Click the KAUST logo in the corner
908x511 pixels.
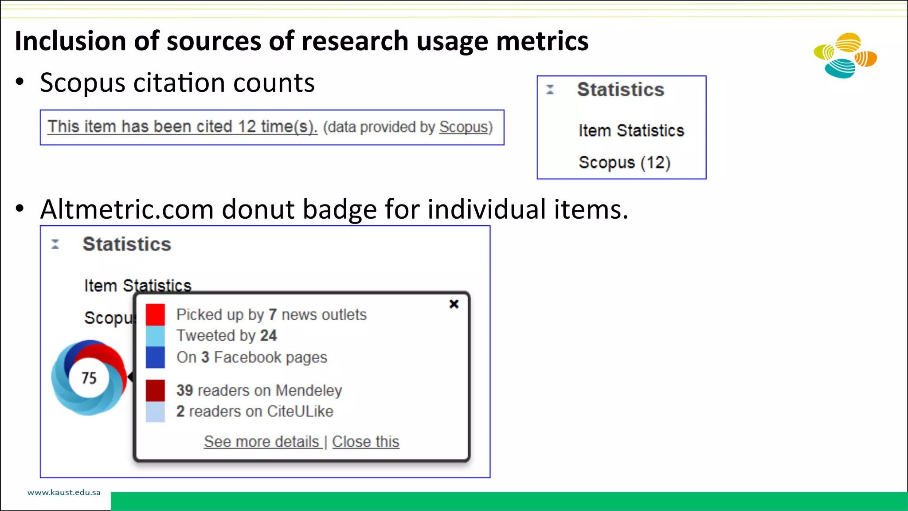coord(845,55)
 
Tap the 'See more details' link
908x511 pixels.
coord(262,442)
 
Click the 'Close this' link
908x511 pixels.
coord(365,442)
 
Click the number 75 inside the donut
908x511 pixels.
coord(89,378)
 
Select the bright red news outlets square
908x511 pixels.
coord(155,314)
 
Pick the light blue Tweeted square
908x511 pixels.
coord(155,336)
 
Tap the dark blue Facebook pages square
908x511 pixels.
coord(155,357)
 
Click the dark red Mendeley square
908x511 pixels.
coord(155,390)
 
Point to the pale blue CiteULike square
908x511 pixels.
coord(155,412)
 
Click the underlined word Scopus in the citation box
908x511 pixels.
coord(463,127)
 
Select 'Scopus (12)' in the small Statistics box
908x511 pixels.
coord(624,163)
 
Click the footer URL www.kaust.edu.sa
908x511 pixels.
coord(64,492)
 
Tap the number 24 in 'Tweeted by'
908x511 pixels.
coord(268,336)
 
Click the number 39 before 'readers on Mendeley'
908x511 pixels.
coord(184,390)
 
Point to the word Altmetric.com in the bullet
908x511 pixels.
coord(127,209)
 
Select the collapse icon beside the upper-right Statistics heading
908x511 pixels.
coord(550,90)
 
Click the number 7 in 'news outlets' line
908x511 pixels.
coord(273,314)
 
